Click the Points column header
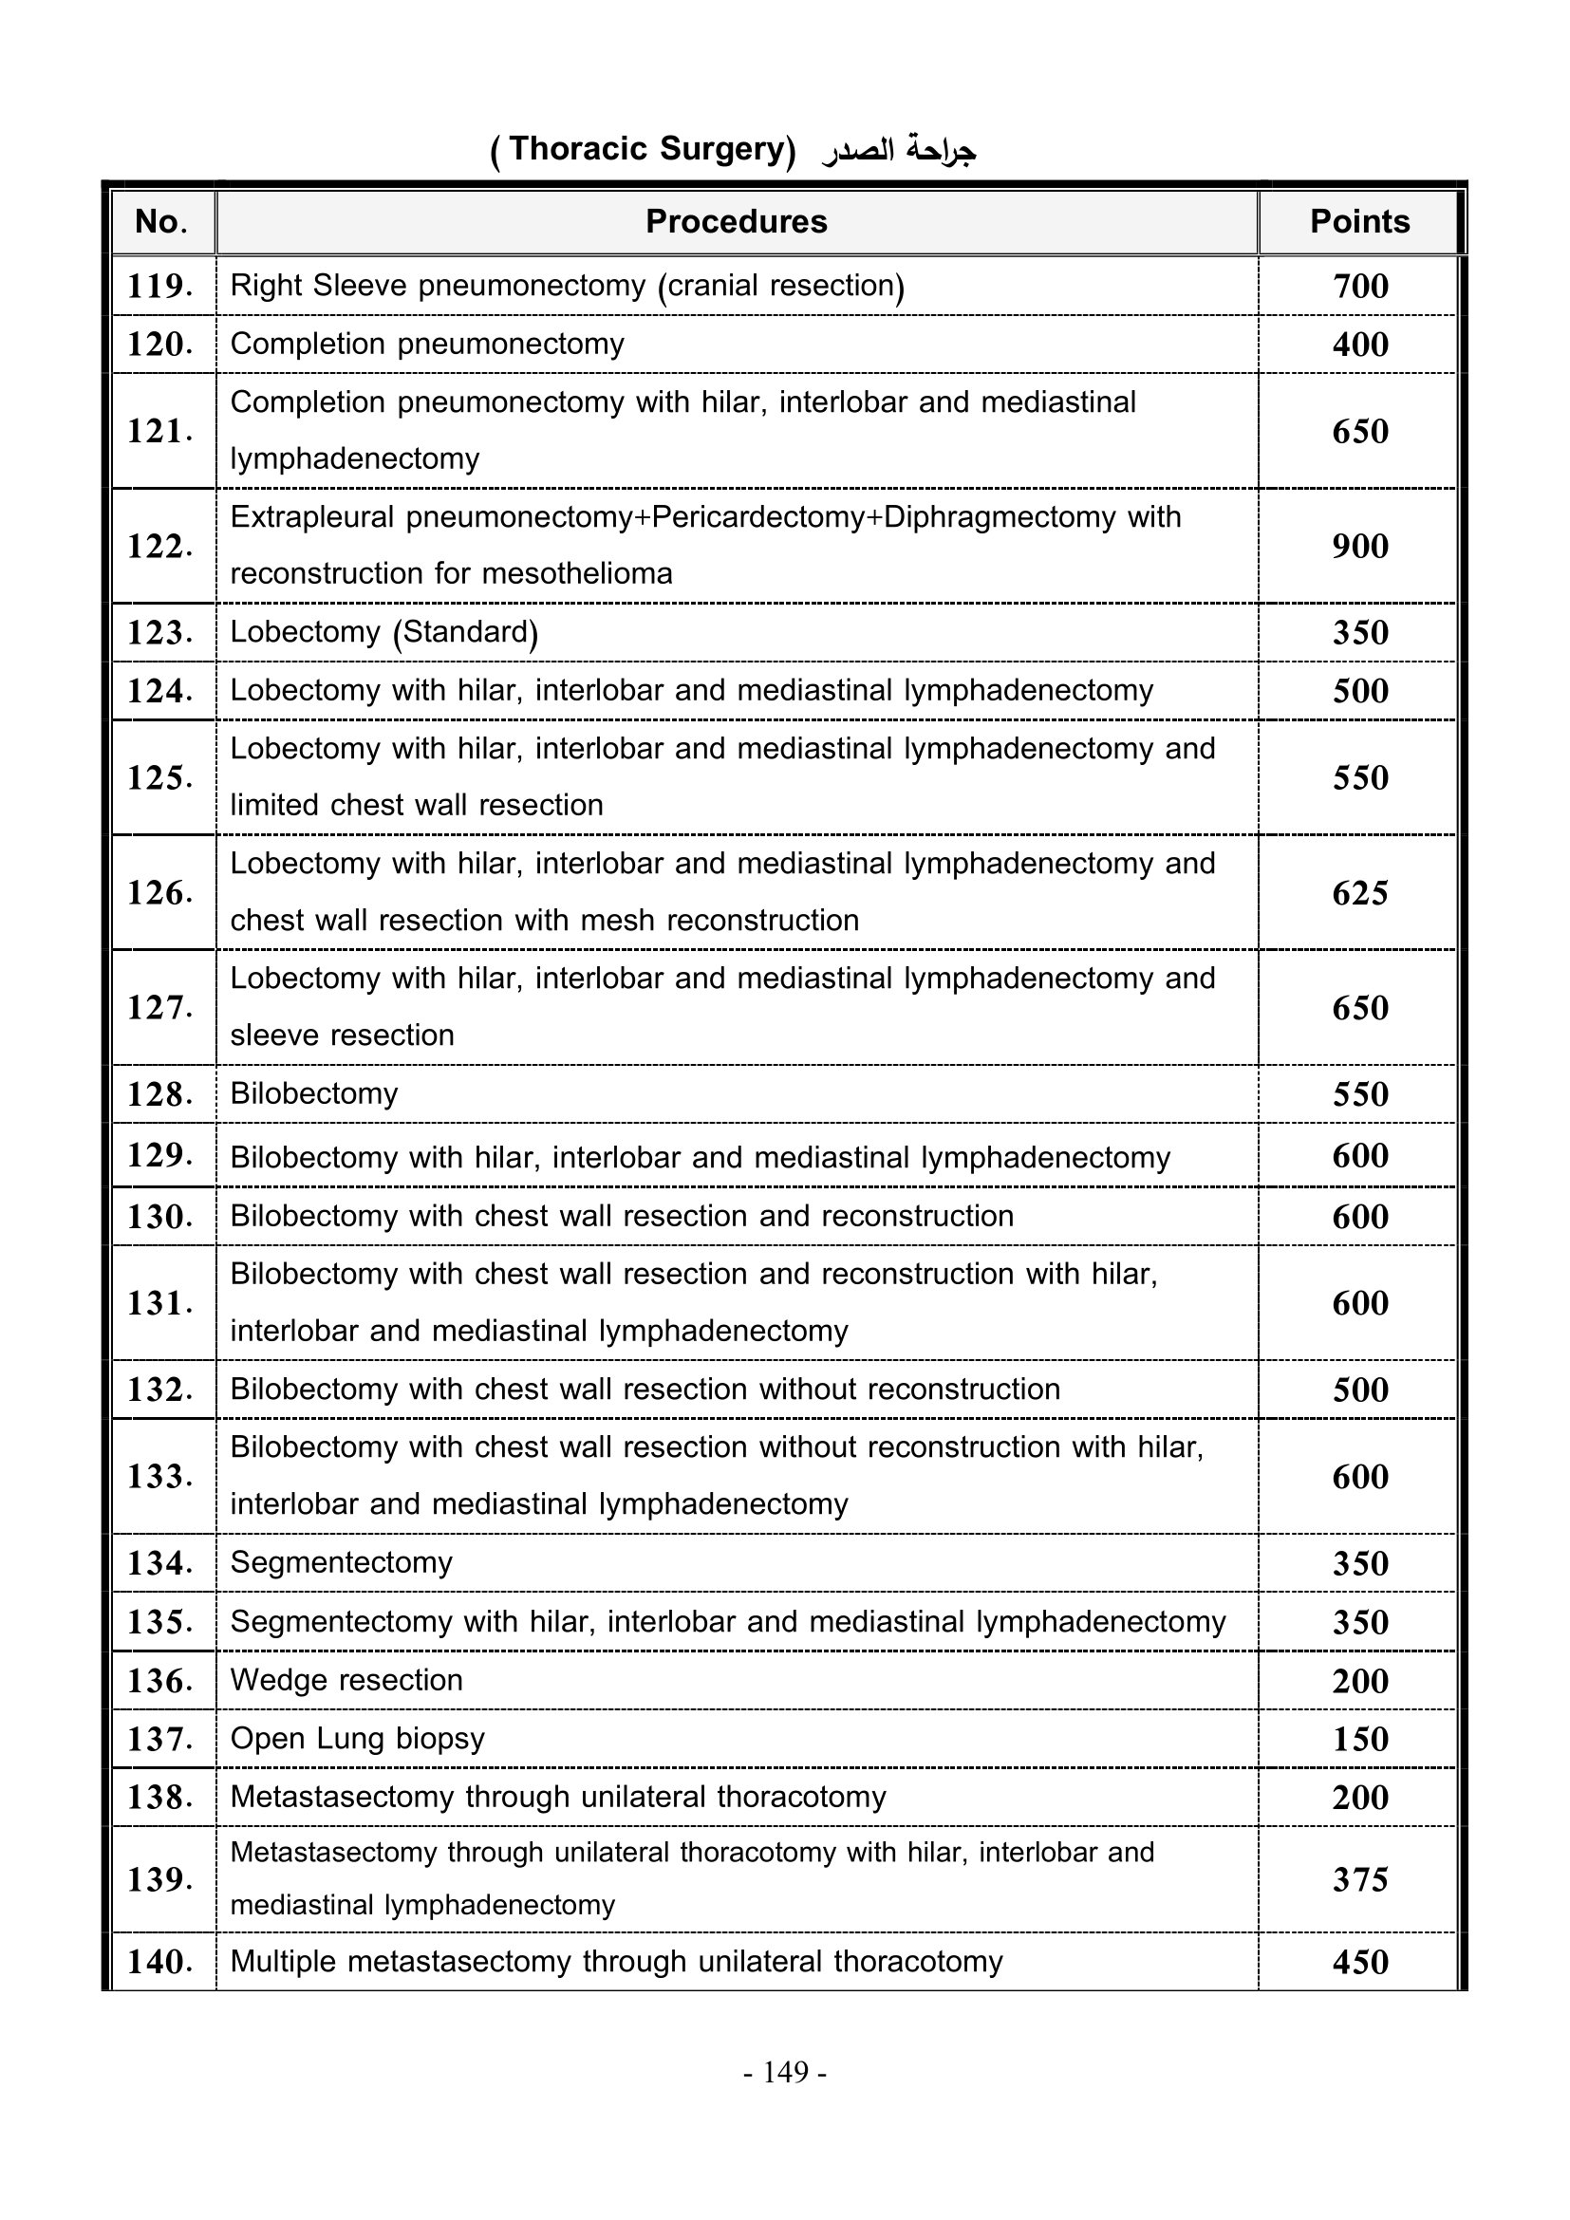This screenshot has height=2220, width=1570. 1358,221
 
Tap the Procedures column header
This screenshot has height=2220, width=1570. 736,221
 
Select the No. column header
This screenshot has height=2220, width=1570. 160,221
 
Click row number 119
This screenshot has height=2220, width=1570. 159,287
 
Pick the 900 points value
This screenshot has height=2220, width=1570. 1359,547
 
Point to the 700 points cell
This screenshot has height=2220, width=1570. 1359,287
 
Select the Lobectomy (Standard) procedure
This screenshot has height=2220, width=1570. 383,632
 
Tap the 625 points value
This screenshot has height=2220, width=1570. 1359,892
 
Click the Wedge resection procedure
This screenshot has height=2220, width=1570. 346,1681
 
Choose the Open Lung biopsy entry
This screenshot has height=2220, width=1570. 357,1739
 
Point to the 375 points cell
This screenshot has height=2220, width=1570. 1359,1879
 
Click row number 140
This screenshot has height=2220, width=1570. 159,1962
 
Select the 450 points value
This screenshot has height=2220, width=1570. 1359,1962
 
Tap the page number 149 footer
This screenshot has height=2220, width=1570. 785,2072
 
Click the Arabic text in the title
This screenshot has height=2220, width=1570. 899,151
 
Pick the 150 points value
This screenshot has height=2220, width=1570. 1359,1740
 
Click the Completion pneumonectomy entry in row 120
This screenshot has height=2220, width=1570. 426,345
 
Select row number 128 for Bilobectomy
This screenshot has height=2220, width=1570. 159,1094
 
